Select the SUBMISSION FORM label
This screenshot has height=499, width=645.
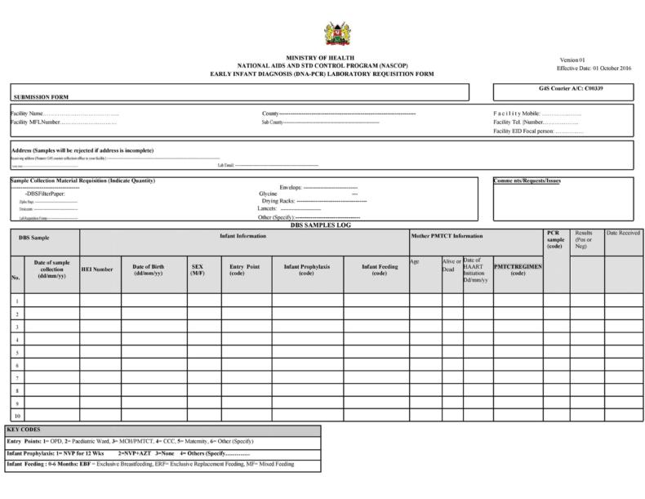click(41, 96)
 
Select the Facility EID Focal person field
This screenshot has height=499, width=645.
click(538, 131)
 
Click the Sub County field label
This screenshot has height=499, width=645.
click(272, 123)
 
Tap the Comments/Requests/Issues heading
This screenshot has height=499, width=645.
click(527, 180)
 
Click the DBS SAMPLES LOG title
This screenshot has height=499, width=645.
click(320, 225)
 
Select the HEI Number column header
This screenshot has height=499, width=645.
click(97, 269)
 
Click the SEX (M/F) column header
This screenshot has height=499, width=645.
click(198, 270)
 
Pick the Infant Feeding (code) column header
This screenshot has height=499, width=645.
click(379, 270)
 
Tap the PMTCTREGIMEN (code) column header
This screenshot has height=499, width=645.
click(518, 270)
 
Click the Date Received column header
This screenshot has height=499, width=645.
click(623, 234)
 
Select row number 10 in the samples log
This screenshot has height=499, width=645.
click(16, 417)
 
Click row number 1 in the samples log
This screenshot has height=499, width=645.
click(16, 301)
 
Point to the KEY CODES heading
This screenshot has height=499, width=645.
click(24, 430)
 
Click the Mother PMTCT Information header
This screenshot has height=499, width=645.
click(446, 236)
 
